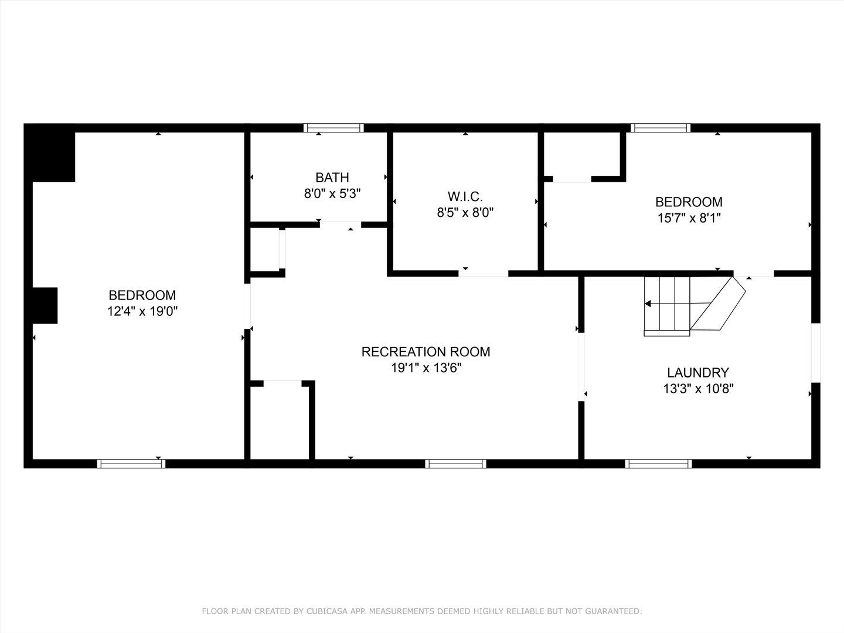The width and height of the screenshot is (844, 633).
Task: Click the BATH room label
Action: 332,177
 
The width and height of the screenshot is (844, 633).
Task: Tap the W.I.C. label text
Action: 465,196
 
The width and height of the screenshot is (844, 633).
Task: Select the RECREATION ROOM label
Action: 426,352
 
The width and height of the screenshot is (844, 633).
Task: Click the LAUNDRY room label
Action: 697,372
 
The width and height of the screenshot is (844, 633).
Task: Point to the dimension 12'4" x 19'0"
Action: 142,311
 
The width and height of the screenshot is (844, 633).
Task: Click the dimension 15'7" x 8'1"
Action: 689,218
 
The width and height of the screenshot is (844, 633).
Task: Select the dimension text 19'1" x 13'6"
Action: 426,368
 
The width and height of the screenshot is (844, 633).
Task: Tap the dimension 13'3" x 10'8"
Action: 698,388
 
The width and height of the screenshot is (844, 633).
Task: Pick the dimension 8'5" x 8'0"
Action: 465,213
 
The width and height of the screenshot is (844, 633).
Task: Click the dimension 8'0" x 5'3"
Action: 332,193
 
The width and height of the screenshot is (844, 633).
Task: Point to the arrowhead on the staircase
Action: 648,304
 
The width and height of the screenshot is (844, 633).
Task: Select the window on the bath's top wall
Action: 333,128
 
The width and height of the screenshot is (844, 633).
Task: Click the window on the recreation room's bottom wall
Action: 456,464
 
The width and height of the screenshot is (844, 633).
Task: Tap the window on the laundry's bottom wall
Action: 658,464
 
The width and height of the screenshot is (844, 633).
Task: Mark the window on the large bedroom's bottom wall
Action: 131,464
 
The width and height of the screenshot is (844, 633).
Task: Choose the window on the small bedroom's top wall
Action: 660,128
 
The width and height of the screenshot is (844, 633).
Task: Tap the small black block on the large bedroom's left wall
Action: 45,305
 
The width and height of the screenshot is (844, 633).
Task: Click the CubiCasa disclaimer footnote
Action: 422,611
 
